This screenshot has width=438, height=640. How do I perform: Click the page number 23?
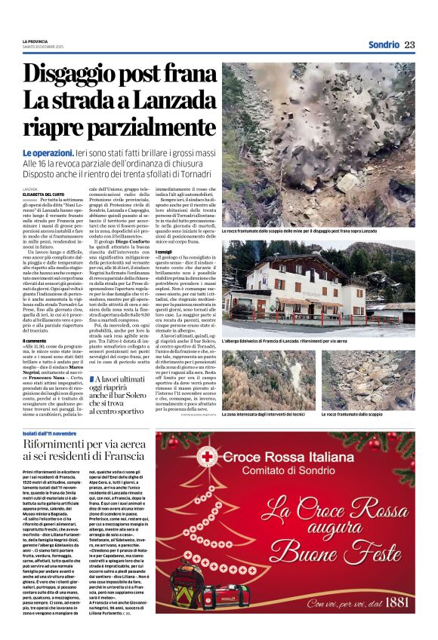[409, 44]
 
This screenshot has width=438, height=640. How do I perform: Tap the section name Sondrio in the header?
[384, 44]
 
